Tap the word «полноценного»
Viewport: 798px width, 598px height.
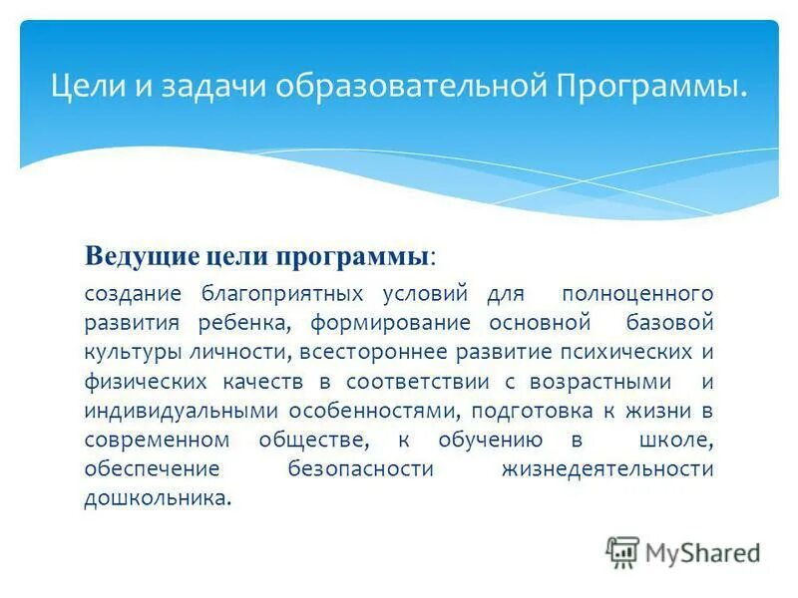coord(637,294)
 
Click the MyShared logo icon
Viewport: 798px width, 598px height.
coord(622,551)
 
